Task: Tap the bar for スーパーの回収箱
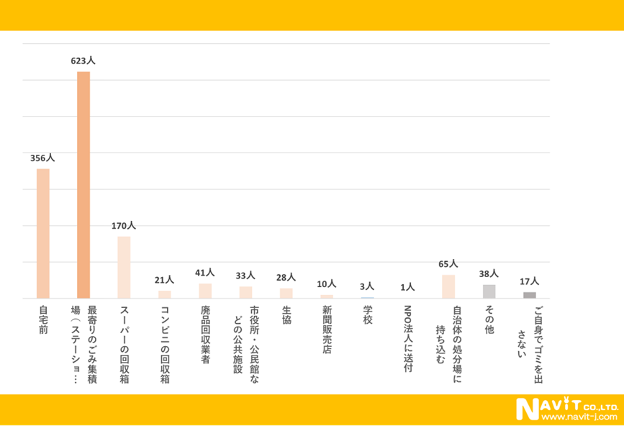(x=124, y=267)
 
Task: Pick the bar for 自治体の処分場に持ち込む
(x=448, y=286)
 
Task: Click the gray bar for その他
(x=489, y=291)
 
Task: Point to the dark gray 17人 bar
(x=529, y=295)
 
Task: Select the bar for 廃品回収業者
(x=205, y=291)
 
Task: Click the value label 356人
(x=42, y=158)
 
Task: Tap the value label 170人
(x=124, y=226)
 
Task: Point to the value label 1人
(x=407, y=288)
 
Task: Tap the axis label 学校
(x=367, y=316)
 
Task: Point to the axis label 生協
(x=286, y=316)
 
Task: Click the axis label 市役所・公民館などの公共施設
(x=246, y=339)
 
